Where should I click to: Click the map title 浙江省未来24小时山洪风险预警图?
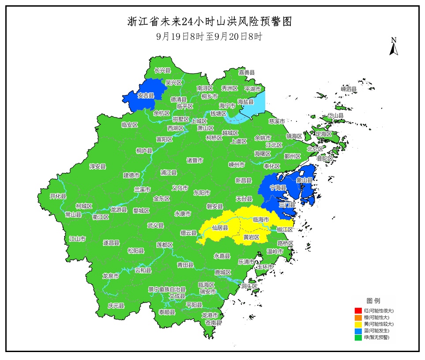point(209,22)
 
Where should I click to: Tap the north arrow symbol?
point(393,47)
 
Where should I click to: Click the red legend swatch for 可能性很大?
point(358,311)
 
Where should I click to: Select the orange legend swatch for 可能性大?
point(358,317)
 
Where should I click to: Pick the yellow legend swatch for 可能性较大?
point(358,324)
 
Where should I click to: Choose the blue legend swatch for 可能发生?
point(358,330)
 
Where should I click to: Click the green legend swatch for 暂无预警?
point(358,337)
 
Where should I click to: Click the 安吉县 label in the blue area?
point(146,95)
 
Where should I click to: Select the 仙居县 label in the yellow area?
point(220,228)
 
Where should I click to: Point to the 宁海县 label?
point(278,188)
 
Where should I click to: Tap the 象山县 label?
point(304,180)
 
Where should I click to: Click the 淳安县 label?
point(98,167)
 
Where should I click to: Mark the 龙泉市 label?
point(110,276)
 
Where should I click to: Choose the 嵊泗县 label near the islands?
point(348,89)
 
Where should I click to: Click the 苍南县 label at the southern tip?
point(213,323)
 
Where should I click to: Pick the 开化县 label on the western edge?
point(58,196)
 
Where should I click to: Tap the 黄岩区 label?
point(251,237)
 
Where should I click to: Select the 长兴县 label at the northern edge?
point(162,70)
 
